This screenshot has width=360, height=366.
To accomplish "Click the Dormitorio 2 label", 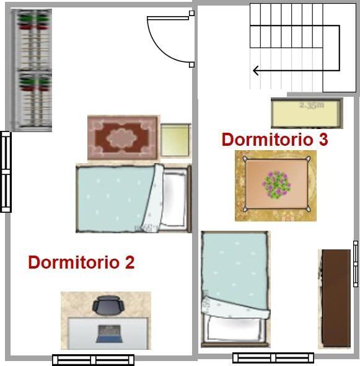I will (x=81, y=262).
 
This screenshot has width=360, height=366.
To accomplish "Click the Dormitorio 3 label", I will (x=274, y=140).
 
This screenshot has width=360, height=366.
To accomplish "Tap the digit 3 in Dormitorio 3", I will (x=323, y=140).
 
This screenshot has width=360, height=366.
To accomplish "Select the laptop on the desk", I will (x=108, y=334).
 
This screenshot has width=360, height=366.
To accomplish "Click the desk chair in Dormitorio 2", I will (x=108, y=306).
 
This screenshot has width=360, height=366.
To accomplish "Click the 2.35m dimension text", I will (x=311, y=105).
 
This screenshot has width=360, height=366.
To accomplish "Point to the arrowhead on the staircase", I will (x=255, y=71).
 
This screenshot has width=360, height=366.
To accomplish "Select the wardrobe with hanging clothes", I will (x=33, y=70).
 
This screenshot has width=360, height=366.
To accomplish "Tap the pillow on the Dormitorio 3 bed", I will (x=236, y=327).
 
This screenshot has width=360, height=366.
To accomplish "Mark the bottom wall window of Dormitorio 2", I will (x=93, y=360).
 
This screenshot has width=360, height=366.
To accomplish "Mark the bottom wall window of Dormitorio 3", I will (x=273, y=358).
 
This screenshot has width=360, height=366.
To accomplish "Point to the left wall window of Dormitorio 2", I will (x=6, y=172).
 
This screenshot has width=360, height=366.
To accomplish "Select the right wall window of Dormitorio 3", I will (x=356, y=264).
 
